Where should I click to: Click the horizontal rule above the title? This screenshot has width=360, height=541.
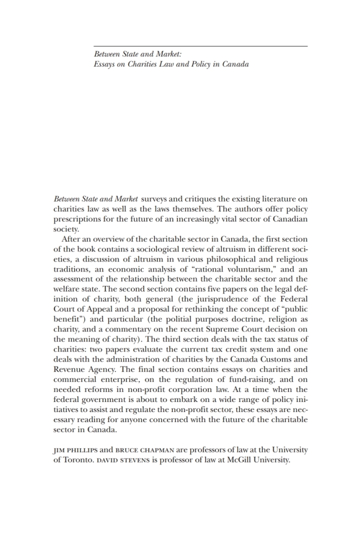pos(200,46)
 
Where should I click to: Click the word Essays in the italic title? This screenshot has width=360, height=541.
pos(104,65)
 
